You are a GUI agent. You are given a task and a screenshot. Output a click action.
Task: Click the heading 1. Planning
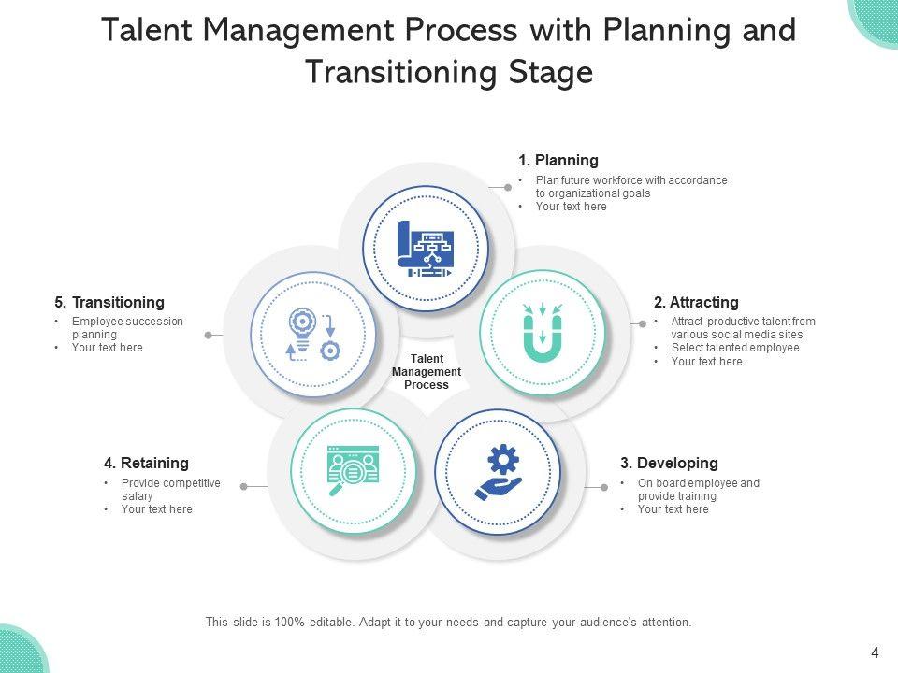pyautogui.click(x=558, y=161)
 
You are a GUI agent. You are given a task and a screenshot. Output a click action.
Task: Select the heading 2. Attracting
pyautogui.click(x=696, y=303)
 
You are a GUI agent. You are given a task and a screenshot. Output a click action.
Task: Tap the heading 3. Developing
pyautogui.click(x=669, y=464)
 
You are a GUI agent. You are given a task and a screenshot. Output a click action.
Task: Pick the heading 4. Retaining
pyautogui.click(x=146, y=464)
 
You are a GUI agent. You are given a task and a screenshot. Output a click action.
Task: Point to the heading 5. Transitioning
pyautogui.click(x=109, y=303)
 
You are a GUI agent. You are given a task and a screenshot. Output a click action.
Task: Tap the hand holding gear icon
pyautogui.click(x=498, y=473)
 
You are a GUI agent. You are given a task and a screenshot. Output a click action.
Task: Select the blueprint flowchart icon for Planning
pyautogui.click(x=426, y=250)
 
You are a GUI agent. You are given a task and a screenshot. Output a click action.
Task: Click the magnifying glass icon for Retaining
pyautogui.click(x=352, y=471)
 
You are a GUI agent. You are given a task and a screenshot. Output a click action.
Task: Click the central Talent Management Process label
pyautogui.click(x=427, y=372)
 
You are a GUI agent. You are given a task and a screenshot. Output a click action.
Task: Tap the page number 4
pyautogui.click(x=875, y=653)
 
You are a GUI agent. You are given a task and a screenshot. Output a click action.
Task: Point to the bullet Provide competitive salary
pyautogui.click(x=170, y=490)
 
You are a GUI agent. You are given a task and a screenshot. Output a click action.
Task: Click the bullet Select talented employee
pyautogui.click(x=735, y=348)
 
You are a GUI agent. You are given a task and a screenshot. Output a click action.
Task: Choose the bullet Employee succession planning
pyautogui.click(x=127, y=327)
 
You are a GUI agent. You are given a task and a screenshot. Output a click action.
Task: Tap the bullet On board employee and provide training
pyautogui.click(x=698, y=490)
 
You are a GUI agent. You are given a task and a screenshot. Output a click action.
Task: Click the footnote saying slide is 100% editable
pyautogui.click(x=448, y=622)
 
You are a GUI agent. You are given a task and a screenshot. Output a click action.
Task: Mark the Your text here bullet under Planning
pyautogui.click(x=571, y=208)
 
